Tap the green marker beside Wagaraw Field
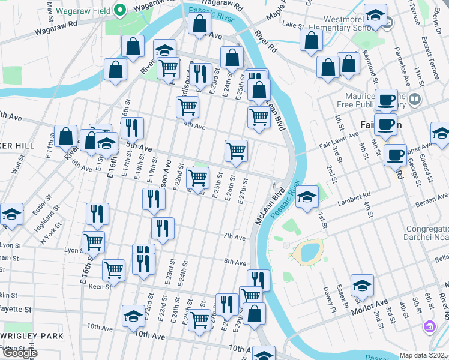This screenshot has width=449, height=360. coord(119,10)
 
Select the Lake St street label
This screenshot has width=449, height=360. coord(294,25)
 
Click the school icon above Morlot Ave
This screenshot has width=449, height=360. coord(362,286)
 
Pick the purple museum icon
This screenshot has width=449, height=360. coord(430,327)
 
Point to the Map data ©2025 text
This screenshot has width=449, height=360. coord(424,355)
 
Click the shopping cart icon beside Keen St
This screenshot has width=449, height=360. coord(113,271)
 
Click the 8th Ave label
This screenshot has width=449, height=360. coord(235,262)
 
